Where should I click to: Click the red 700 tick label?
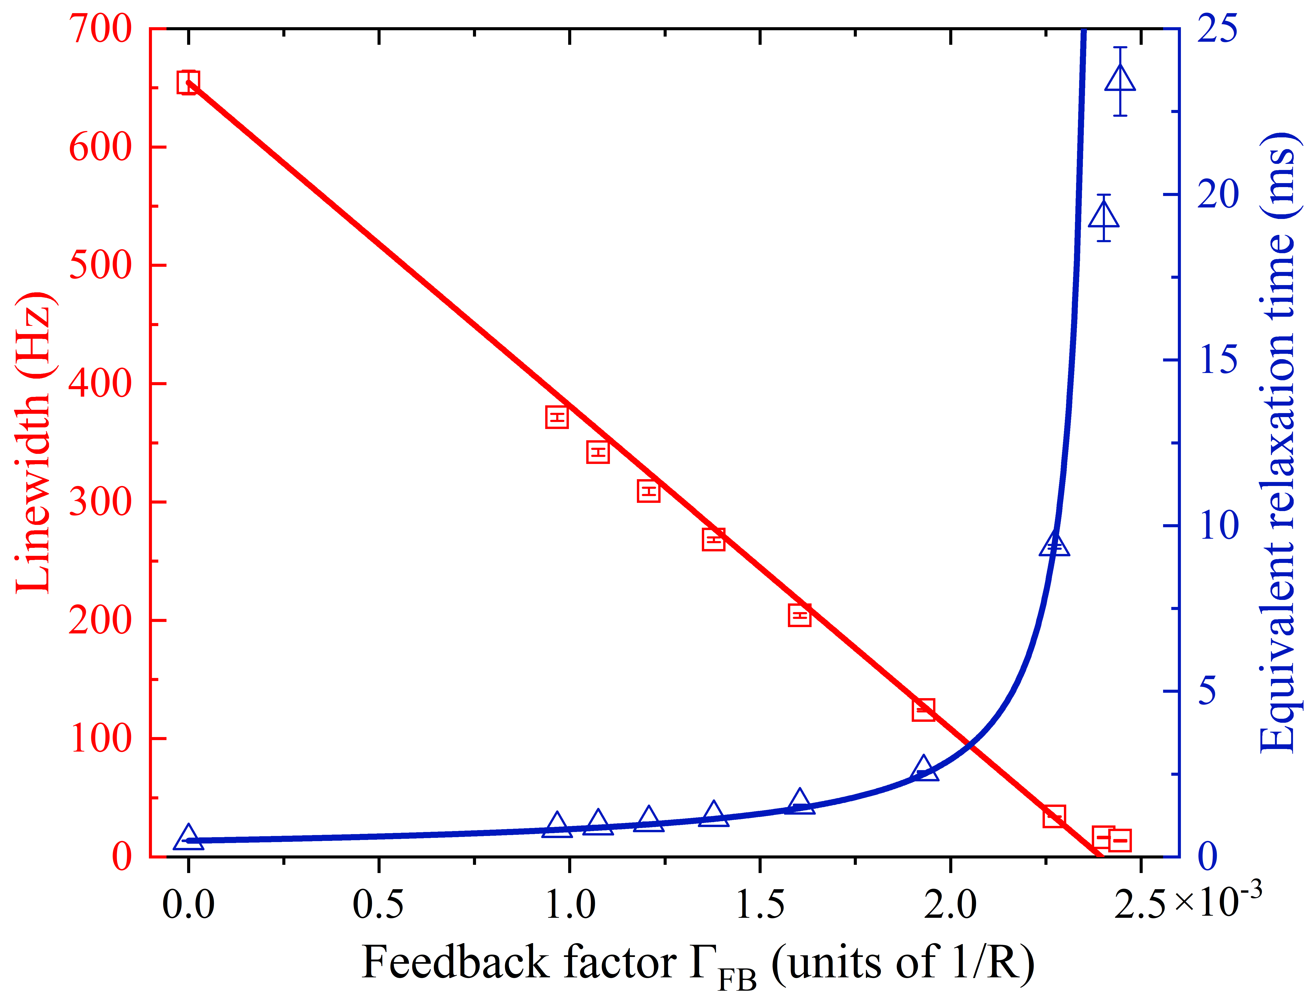pyautogui.click(x=100, y=29)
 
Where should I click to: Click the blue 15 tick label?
pyautogui.click(x=1217, y=360)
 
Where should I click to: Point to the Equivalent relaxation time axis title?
pyautogui.click(x=1278, y=443)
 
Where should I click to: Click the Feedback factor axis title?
pyautogui.click(x=697, y=963)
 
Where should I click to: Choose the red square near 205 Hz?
pyautogui.click(x=799, y=615)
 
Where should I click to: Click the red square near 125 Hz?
pyautogui.click(x=923, y=709)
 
